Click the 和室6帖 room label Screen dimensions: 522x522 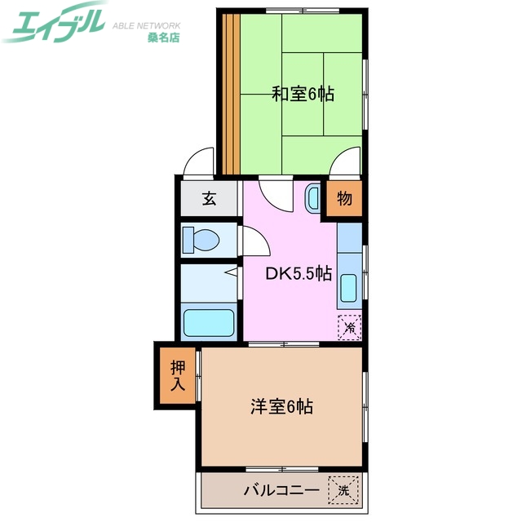[303, 94]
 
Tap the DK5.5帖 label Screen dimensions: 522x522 [299, 274]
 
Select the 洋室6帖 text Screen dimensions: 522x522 [281, 405]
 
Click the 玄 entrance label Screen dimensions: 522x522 [210, 198]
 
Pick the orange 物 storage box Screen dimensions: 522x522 [343, 198]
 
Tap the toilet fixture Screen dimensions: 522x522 [201, 240]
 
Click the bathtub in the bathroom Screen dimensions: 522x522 [209, 321]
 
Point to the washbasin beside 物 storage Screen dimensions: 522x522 [313, 197]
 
